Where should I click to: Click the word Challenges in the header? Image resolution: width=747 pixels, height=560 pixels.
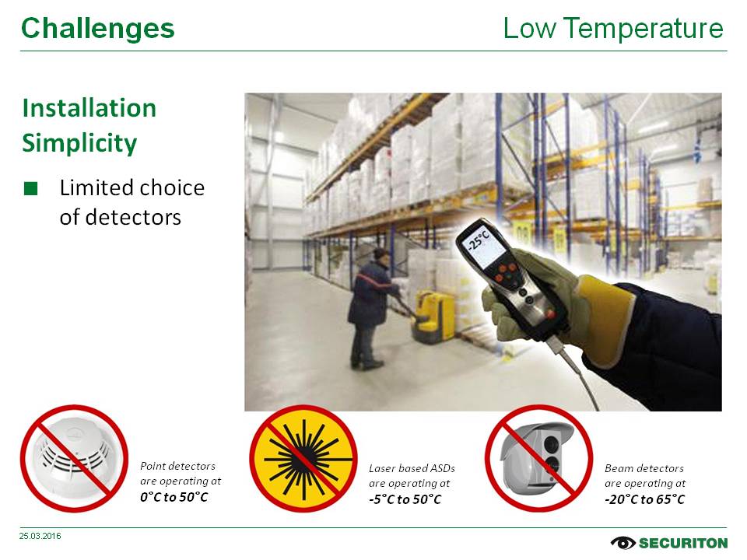point(98,29)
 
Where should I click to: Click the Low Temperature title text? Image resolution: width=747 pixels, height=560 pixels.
point(613,28)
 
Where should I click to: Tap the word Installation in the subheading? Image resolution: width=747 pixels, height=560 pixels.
point(89,107)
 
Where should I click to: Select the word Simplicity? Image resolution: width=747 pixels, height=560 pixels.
point(79,143)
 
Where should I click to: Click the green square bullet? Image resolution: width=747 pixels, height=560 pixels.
point(30,188)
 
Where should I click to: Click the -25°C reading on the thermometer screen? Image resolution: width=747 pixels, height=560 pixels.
point(479,241)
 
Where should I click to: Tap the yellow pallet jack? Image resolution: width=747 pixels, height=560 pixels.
point(431,317)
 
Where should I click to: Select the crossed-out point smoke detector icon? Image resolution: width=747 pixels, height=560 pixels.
point(75,459)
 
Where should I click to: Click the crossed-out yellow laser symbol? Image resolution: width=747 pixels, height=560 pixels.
point(303,459)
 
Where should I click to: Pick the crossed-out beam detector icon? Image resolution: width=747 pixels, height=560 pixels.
point(538,459)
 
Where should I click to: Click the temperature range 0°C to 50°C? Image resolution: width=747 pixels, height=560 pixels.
point(174,497)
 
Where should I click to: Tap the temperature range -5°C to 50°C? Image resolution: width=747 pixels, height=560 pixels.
point(405,499)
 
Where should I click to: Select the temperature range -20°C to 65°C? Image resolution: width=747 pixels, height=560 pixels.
point(645,499)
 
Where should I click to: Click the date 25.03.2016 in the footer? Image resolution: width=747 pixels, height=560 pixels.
point(40,536)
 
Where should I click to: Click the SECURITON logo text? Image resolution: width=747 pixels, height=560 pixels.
point(683,544)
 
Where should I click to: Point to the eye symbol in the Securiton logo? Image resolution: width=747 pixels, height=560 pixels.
point(622,543)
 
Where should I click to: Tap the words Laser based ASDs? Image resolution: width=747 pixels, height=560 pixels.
point(412,468)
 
